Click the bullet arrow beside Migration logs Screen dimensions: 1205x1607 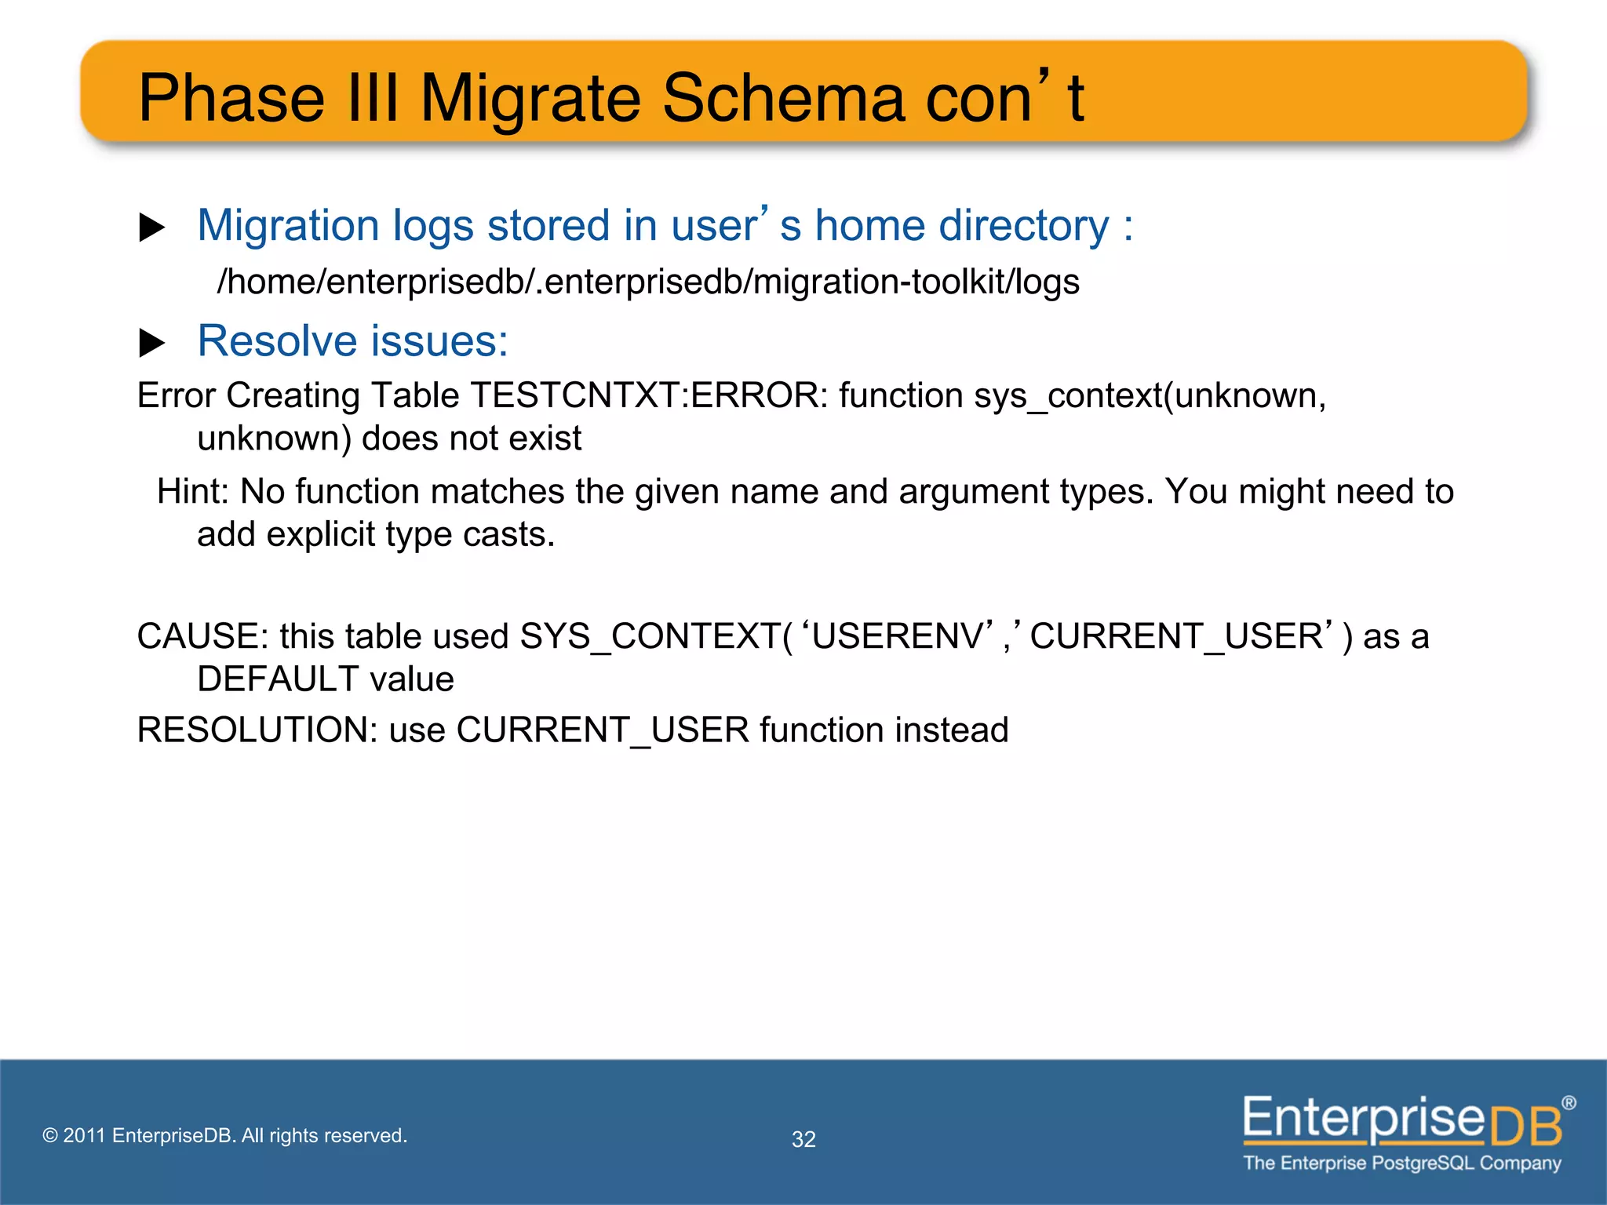[x=151, y=228]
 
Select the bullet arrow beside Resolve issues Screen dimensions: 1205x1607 [x=151, y=343]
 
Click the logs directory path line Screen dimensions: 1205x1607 [x=648, y=282]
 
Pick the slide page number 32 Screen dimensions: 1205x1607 [x=803, y=1139]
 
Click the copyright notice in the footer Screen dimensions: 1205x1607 [x=225, y=1135]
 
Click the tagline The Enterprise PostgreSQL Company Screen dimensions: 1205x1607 [x=1401, y=1163]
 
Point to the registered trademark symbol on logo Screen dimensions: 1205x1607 [x=1568, y=1103]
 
